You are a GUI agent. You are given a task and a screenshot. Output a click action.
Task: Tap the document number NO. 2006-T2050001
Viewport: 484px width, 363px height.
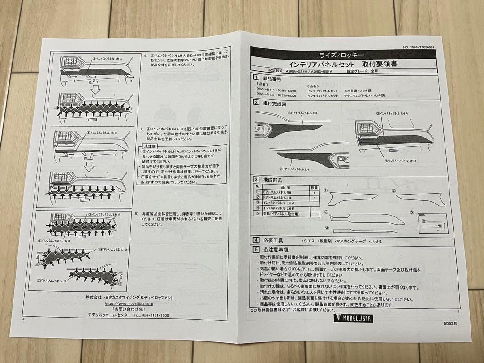[x=418, y=47]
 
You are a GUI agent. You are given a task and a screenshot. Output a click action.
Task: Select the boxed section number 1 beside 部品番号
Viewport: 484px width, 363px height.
[x=256, y=77]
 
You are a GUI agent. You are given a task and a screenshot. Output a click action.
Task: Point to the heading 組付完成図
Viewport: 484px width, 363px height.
[x=274, y=104]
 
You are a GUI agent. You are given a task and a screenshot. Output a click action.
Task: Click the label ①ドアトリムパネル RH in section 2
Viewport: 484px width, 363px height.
[x=303, y=113]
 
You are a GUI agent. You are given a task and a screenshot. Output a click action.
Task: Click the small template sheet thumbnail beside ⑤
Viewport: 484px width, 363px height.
[x=429, y=223]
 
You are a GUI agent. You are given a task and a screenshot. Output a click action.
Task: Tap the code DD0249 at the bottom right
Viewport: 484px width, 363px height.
[x=450, y=323]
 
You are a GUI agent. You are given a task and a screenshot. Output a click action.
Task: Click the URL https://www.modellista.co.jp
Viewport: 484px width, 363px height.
[x=129, y=303]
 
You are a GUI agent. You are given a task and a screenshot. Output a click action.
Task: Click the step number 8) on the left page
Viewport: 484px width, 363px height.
[x=136, y=213]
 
